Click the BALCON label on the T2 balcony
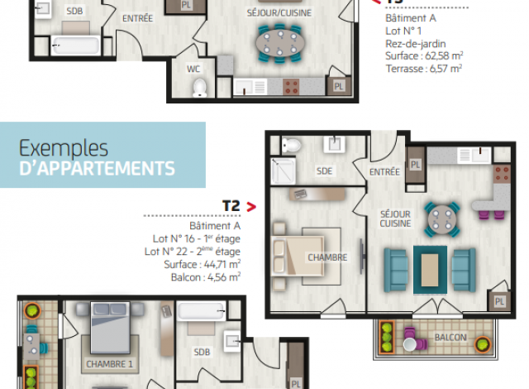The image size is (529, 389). point(450,338)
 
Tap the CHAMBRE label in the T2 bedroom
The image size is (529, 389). point(327,257)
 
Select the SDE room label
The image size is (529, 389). point(324,171)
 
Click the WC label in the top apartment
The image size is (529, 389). point(193,70)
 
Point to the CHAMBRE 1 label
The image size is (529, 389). point(109,364)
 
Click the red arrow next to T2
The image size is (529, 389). point(251,207)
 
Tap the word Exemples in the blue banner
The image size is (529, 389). point(64,148)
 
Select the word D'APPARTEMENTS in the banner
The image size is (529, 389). point(98,169)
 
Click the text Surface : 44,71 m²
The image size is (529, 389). point(202,264)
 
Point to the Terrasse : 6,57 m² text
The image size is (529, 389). point(424,69)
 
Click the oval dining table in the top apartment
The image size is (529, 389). point(280,43)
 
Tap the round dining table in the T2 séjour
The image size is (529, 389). point(442,219)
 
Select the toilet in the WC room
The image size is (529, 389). point(200,88)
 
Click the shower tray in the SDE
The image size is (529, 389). point(283,170)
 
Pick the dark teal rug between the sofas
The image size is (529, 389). point(430,270)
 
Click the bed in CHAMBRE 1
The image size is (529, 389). point(110,328)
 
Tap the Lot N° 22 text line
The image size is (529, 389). point(193,252)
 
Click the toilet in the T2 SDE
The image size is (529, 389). point(291,146)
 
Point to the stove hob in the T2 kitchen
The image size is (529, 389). point(502,174)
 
